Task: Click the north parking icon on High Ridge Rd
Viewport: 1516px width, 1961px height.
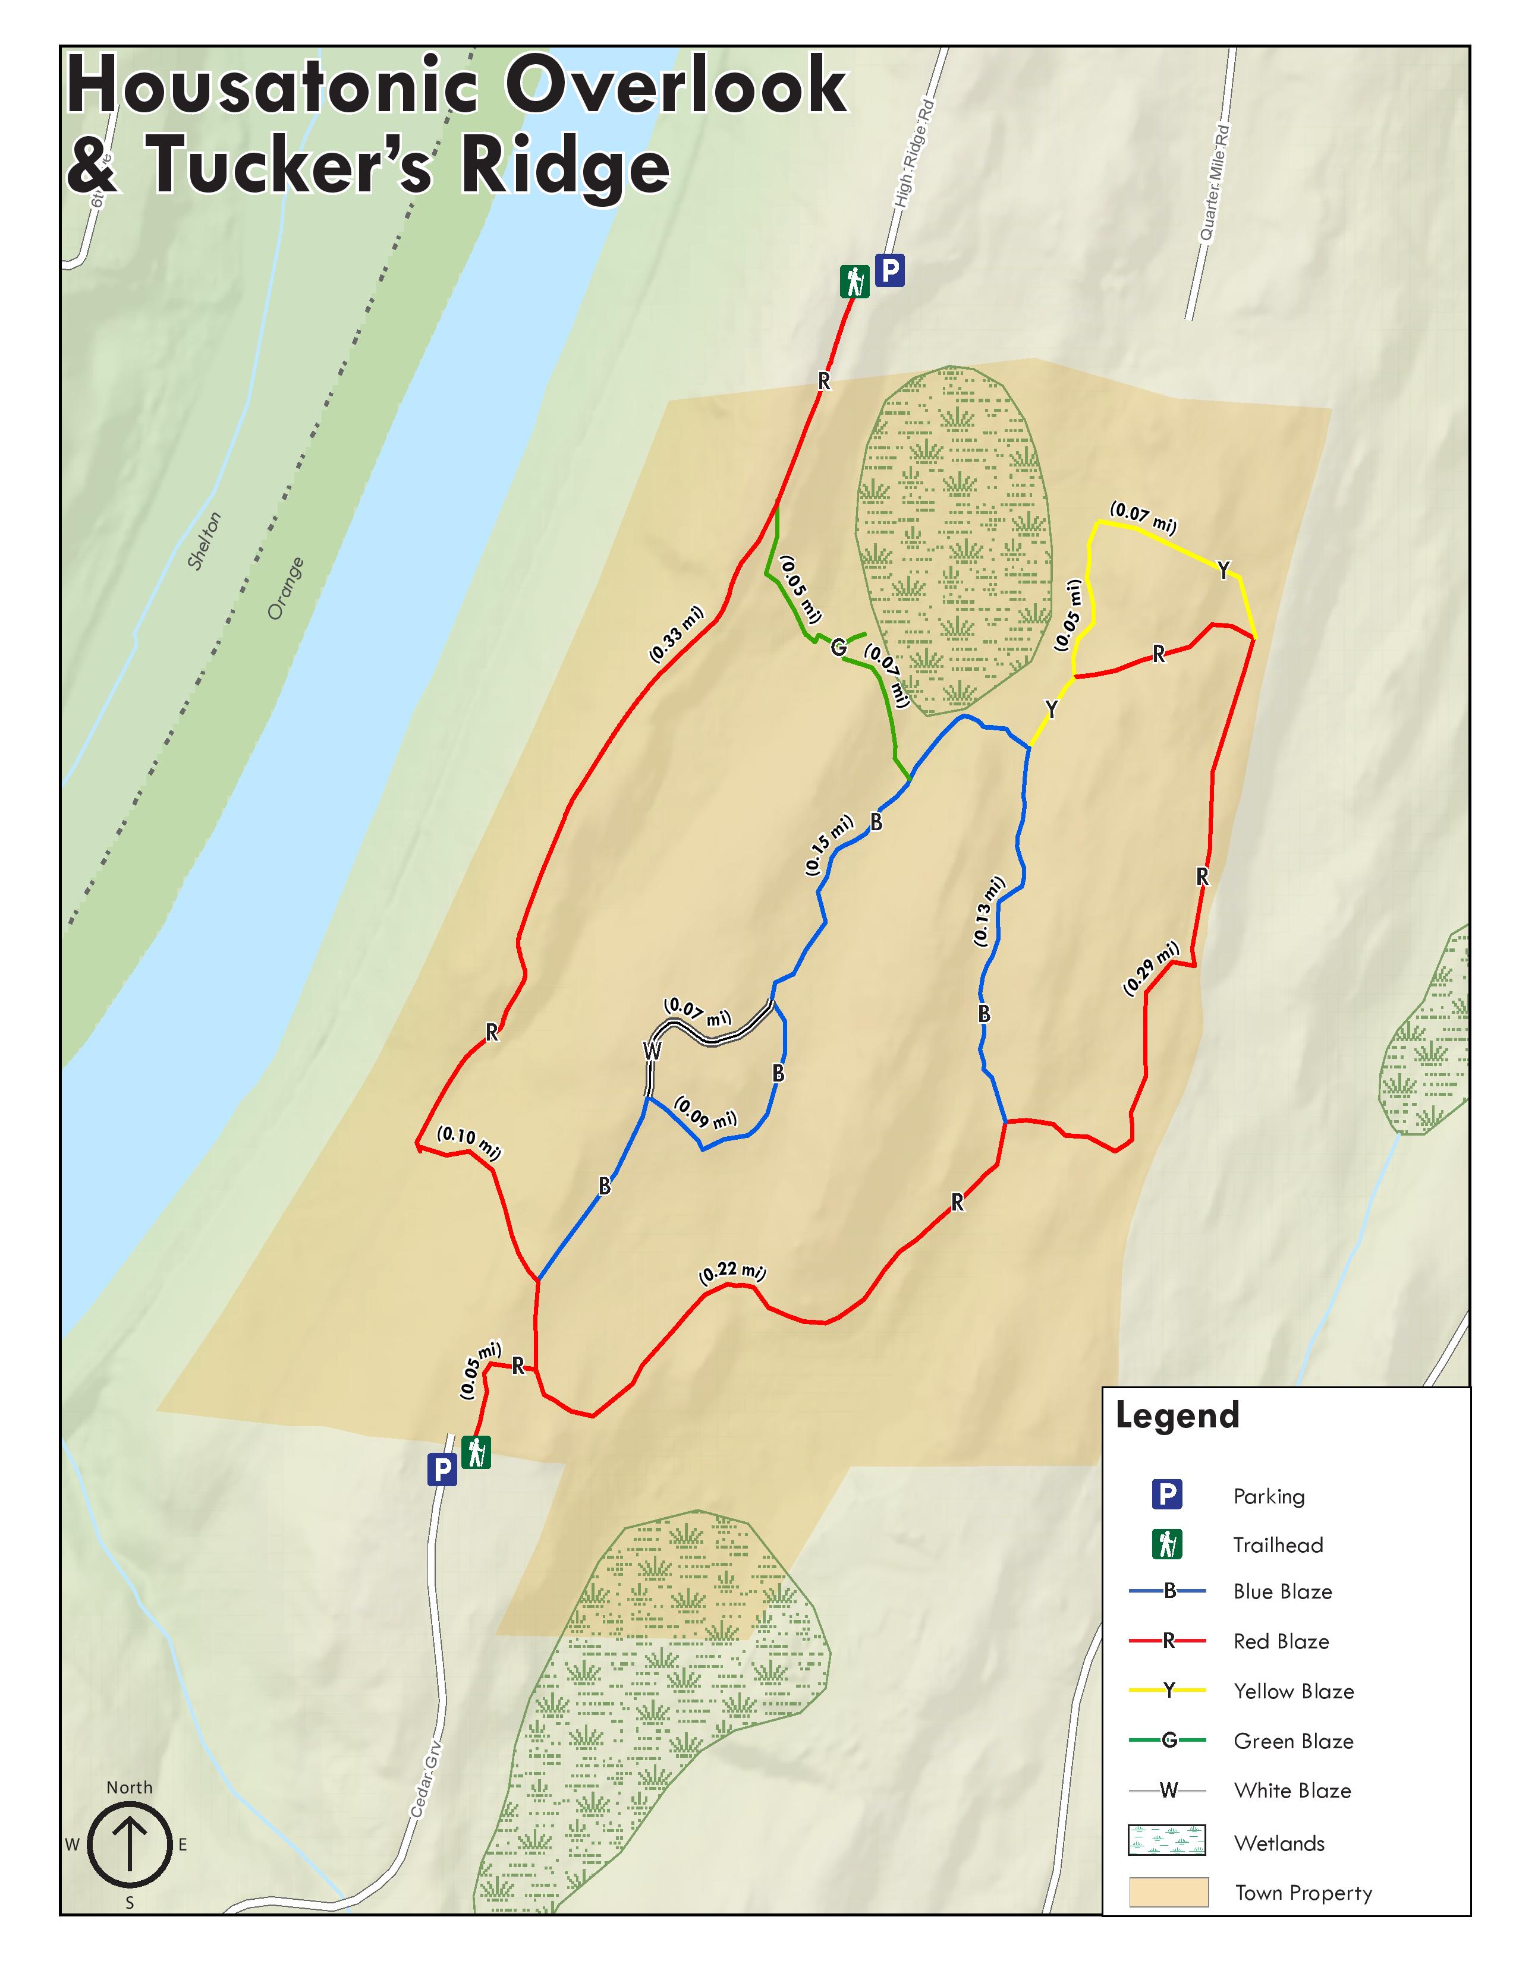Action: [x=890, y=270]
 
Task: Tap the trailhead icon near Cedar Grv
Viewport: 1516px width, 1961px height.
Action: [x=476, y=1452]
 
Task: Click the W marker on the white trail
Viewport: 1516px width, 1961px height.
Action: [x=652, y=1051]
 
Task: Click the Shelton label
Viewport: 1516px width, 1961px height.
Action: [x=204, y=541]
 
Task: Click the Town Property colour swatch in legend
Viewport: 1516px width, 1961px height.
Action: [x=1168, y=1893]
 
